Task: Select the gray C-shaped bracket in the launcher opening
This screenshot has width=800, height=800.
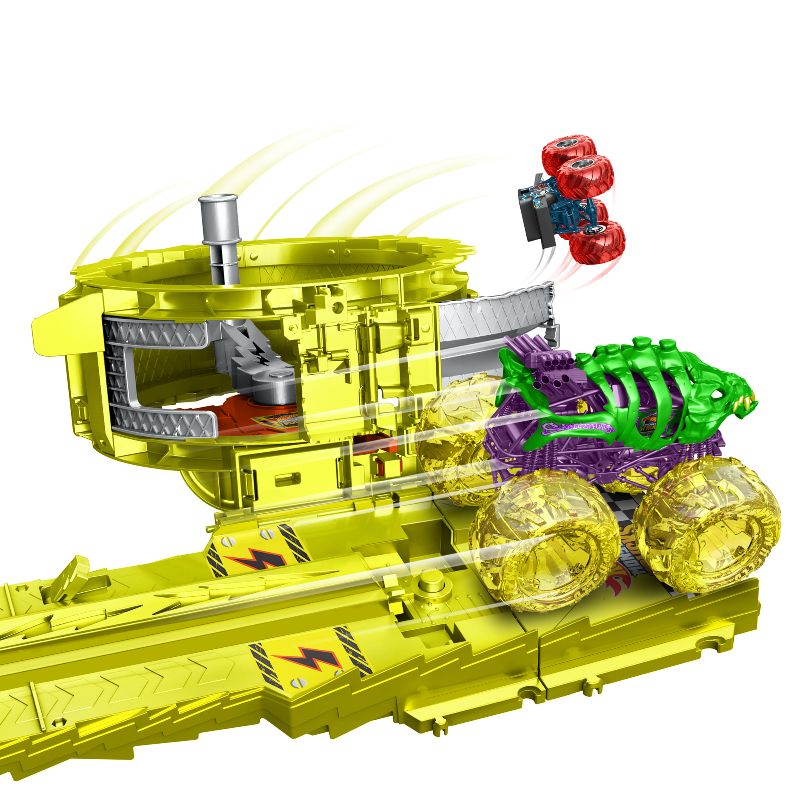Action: click(x=137, y=373)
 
